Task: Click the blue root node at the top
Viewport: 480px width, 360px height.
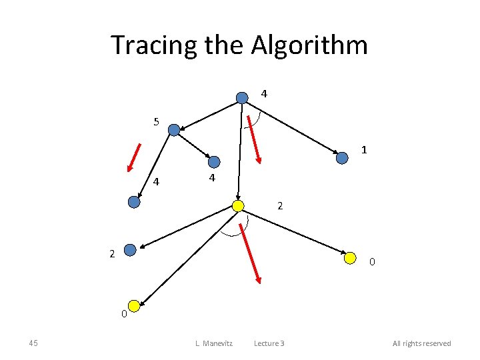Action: point(242,98)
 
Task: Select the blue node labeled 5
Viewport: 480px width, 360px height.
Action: point(174,130)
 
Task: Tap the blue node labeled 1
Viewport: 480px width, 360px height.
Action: point(342,158)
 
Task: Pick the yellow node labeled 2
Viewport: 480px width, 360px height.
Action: point(238,206)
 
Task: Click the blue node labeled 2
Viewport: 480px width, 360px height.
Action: point(130,250)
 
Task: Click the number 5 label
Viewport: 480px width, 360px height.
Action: point(156,121)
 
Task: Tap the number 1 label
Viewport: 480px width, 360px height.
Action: point(365,150)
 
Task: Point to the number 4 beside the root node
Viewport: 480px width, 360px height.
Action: point(264,94)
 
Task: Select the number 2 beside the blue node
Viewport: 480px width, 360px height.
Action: point(112,253)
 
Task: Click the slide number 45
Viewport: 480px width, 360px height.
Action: point(33,343)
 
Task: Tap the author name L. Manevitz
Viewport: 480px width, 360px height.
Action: point(213,343)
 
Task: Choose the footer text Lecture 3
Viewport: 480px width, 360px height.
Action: point(269,343)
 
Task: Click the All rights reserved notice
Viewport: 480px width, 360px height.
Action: point(421,343)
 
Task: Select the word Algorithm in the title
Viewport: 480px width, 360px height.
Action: point(309,45)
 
